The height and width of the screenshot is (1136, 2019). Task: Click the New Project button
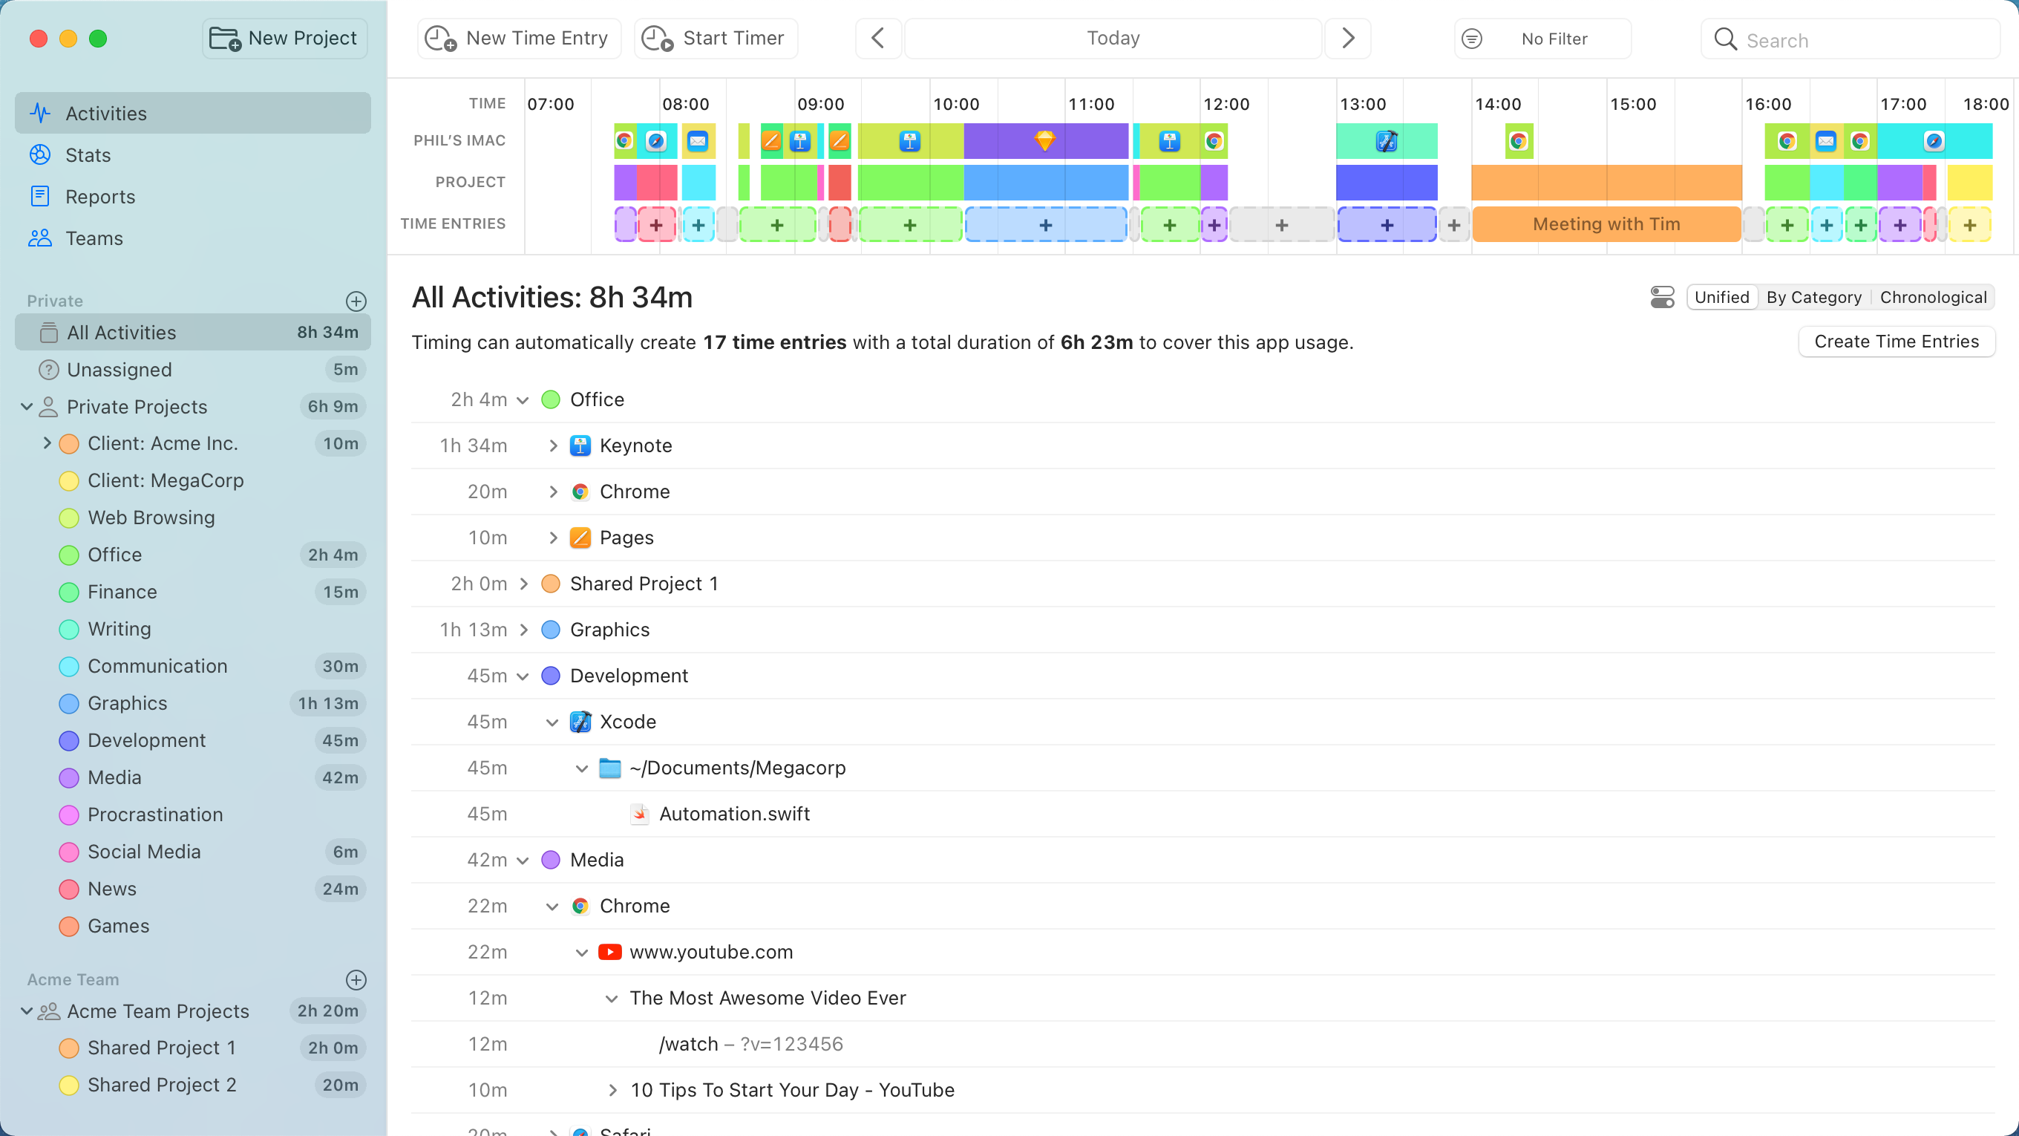pos(284,39)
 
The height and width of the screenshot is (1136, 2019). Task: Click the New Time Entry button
pos(519,39)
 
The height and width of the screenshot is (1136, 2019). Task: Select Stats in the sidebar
pos(88,155)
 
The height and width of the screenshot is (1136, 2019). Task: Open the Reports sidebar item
pos(99,197)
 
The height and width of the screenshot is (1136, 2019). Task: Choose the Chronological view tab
pos(1932,297)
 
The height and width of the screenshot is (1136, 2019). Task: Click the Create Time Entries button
pos(1895,342)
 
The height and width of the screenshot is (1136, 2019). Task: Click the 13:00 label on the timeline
pos(1362,104)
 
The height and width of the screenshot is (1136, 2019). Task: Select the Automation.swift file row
pos(733,814)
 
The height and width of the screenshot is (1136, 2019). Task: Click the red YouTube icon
pos(609,952)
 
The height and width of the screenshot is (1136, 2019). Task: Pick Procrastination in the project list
pos(155,815)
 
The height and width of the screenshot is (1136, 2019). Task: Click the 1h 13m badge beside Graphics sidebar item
pos(327,703)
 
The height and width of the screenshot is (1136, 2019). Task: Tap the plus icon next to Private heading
pos(356,301)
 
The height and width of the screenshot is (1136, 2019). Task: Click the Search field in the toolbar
pos(1850,40)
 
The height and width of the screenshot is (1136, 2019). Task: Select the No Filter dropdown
pos(1542,39)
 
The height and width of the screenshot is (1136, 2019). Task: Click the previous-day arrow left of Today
pos(878,39)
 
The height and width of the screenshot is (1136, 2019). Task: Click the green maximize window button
pos(98,39)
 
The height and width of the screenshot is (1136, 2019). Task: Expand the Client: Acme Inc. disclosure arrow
pos(47,444)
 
